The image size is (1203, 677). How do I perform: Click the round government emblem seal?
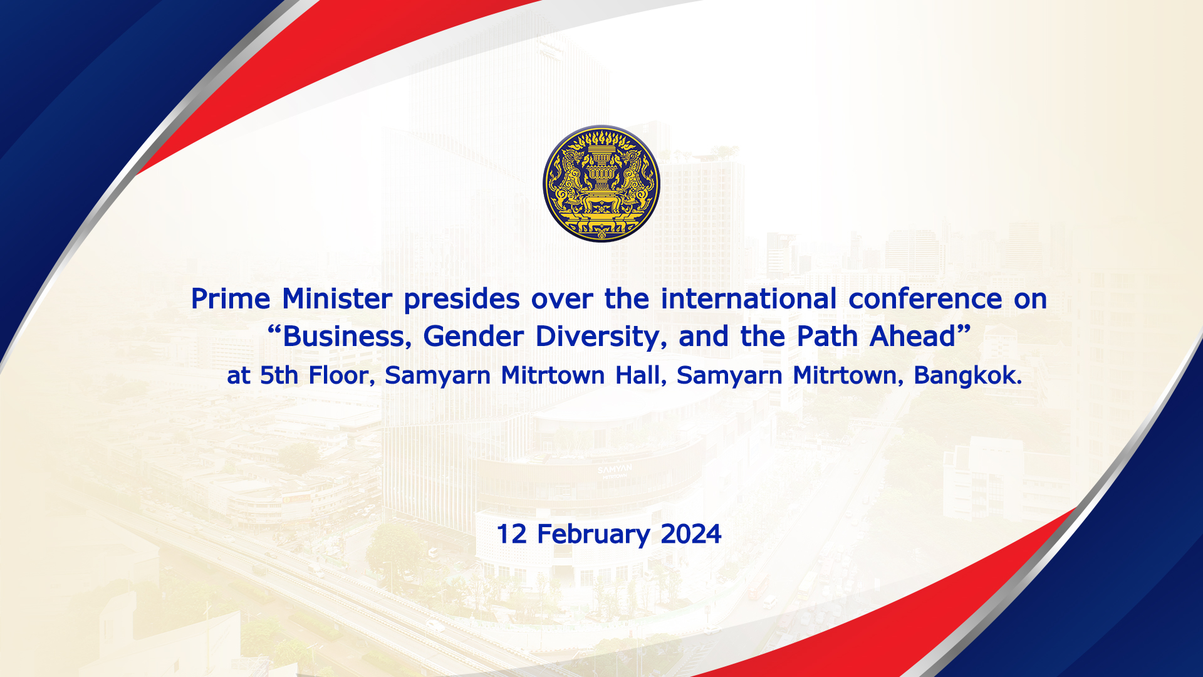point(601,183)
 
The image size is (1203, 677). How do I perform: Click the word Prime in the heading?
point(230,299)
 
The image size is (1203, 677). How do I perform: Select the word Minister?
point(337,299)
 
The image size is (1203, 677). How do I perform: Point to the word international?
point(749,299)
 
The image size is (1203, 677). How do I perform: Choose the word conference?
point(925,299)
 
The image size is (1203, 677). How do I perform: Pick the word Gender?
point(473,337)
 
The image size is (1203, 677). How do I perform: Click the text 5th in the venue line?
point(279,375)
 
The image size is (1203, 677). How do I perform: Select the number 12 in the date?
point(511,534)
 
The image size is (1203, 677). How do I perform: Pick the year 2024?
point(691,534)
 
